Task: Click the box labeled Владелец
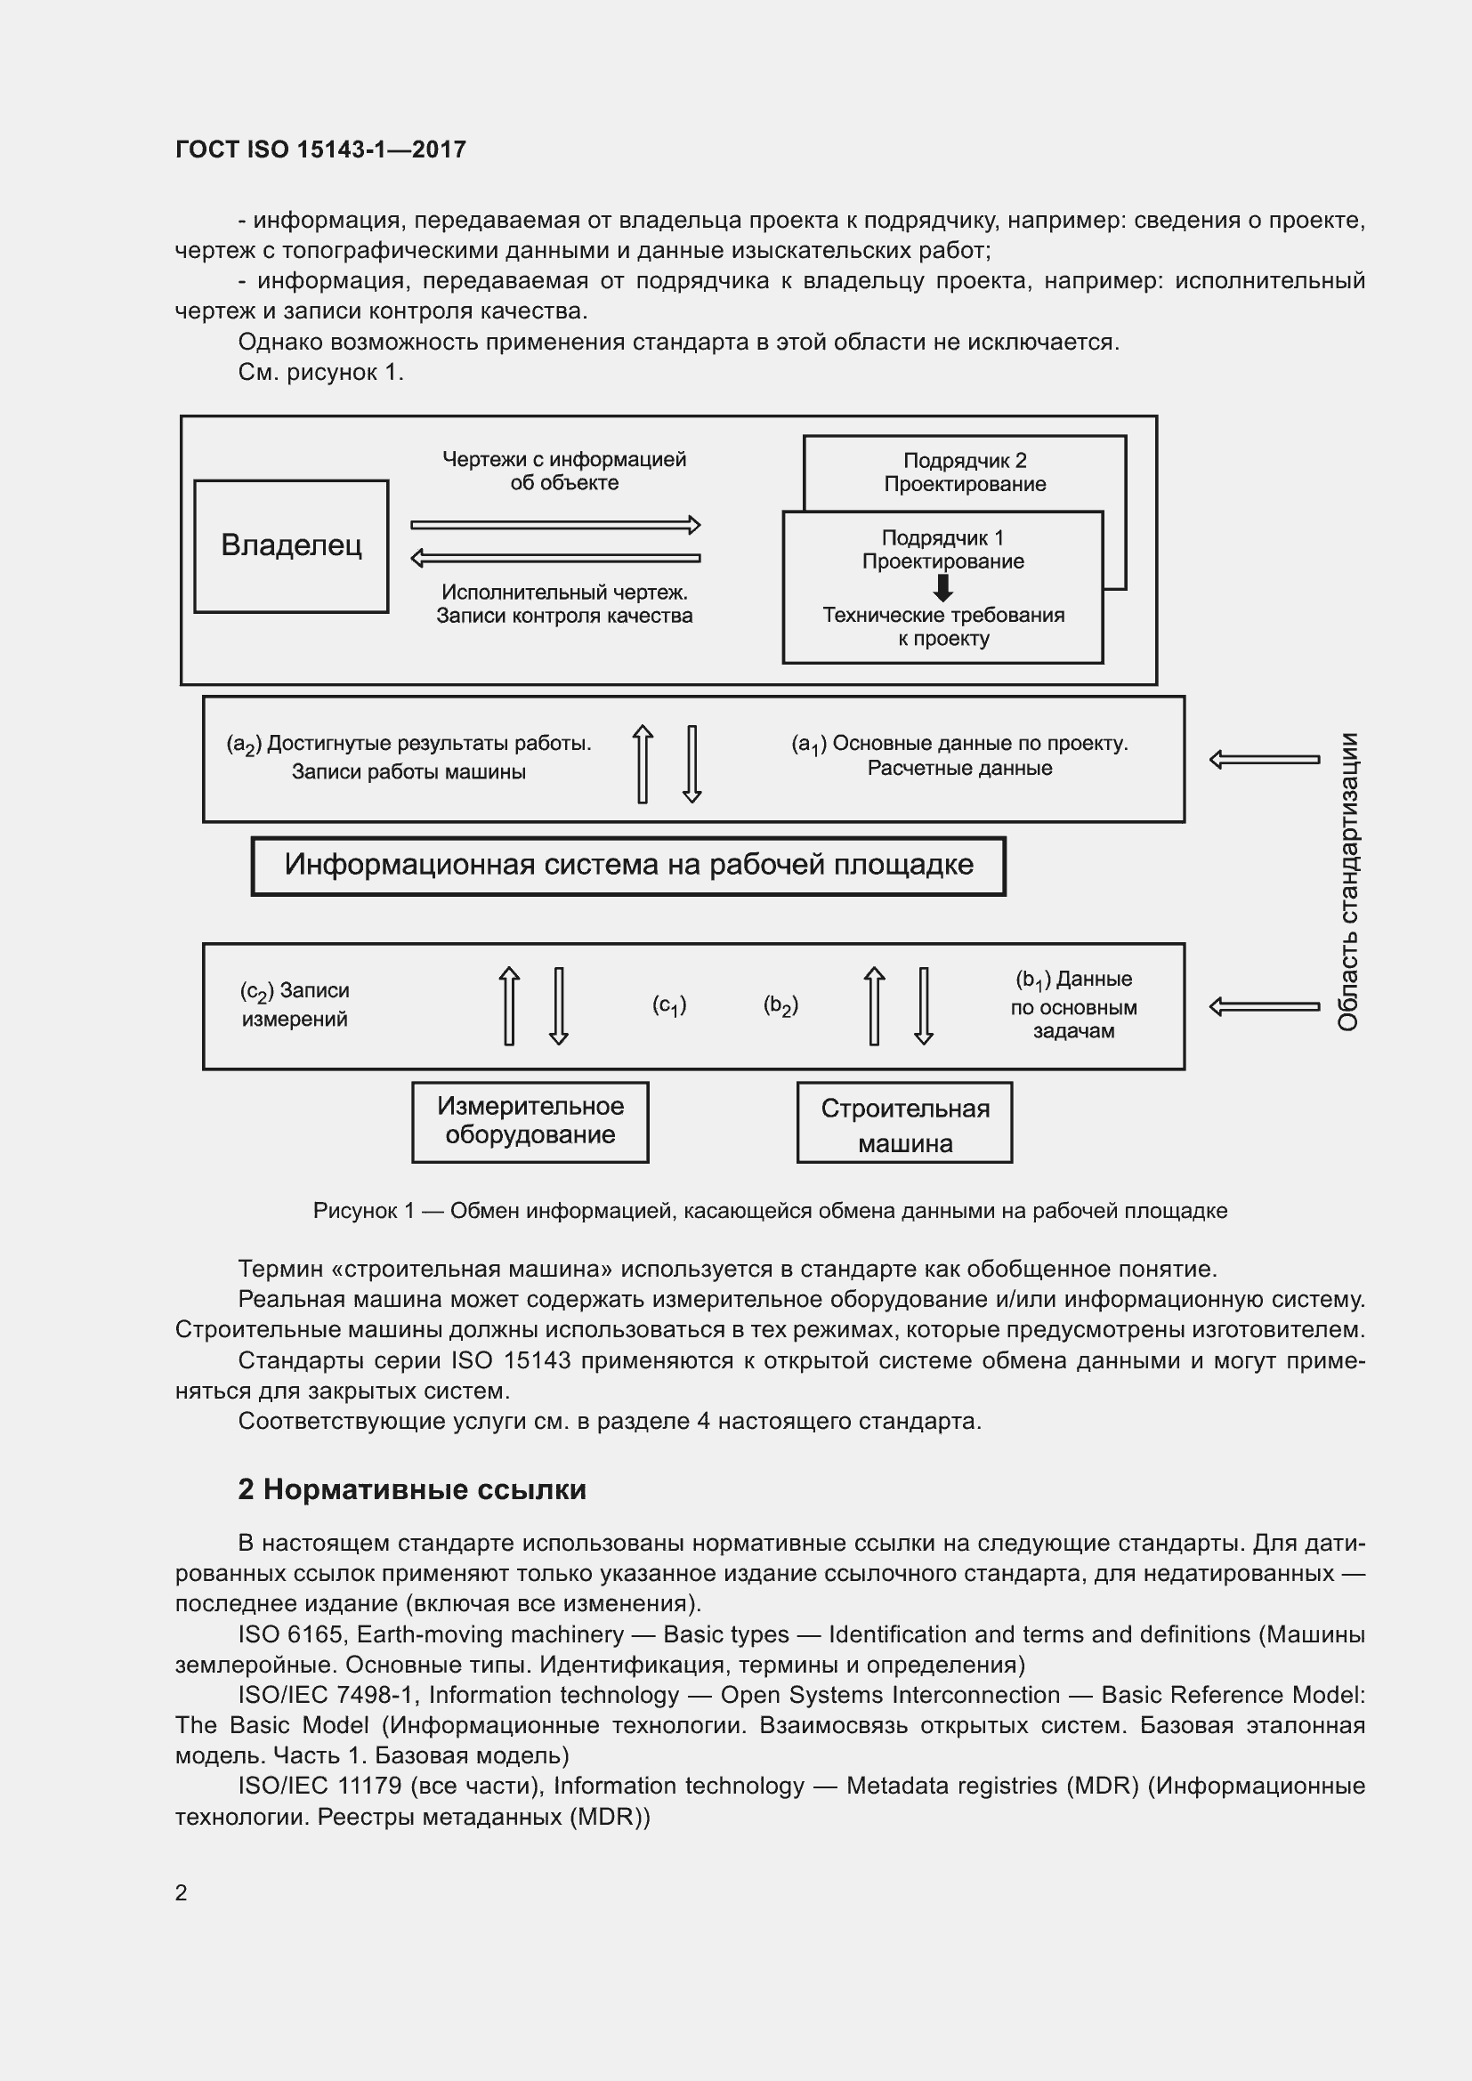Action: tap(291, 545)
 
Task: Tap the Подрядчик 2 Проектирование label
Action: tap(965, 472)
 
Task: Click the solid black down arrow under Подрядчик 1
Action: tap(942, 587)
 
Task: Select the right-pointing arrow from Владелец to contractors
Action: tap(554, 524)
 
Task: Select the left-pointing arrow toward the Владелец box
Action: tap(554, 558)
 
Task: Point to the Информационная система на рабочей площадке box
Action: tap(628, 865)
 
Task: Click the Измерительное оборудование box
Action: tap(530, 1121)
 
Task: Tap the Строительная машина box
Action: tap(903, 1123)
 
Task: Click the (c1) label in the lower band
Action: tap(669, 1005)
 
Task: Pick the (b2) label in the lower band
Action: tap(780, 1005)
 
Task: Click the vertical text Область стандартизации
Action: tap(1347, 881)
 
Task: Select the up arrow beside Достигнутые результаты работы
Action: tap(642, 763)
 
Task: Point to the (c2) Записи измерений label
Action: tap(295, 1004)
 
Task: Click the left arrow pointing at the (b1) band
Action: tap(1264, 1006)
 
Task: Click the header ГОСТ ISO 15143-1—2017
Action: tap(320, 149)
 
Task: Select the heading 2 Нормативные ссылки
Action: tap(411, 1489)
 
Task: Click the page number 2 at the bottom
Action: tap(182, 1892)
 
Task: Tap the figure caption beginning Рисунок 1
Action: tap(770, 1211)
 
